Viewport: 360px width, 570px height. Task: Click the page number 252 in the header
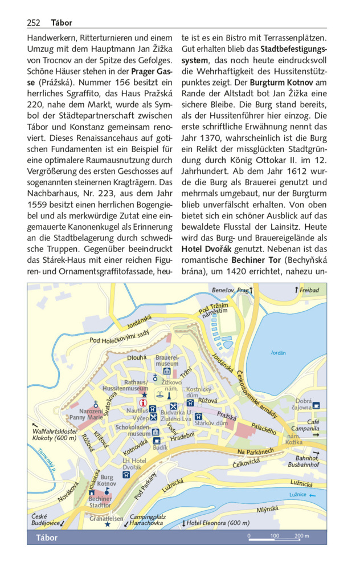pos(34,23)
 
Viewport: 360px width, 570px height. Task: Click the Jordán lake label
pos(277,353)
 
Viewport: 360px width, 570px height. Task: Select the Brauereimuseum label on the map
pos(167,360)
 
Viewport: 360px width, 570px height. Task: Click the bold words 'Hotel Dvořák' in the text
pos(206,249)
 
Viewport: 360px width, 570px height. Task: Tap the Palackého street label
pos(264,426)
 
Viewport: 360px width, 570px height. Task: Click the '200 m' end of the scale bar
pos(301,536)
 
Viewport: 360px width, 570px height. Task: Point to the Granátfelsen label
pos(107,519)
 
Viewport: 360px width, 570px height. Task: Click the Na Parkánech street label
pos(256,452)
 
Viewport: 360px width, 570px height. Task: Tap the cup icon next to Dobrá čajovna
pos(317,406)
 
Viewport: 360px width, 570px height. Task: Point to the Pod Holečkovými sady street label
pos(119,336)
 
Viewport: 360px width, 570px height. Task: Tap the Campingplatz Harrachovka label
pos(147,519)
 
